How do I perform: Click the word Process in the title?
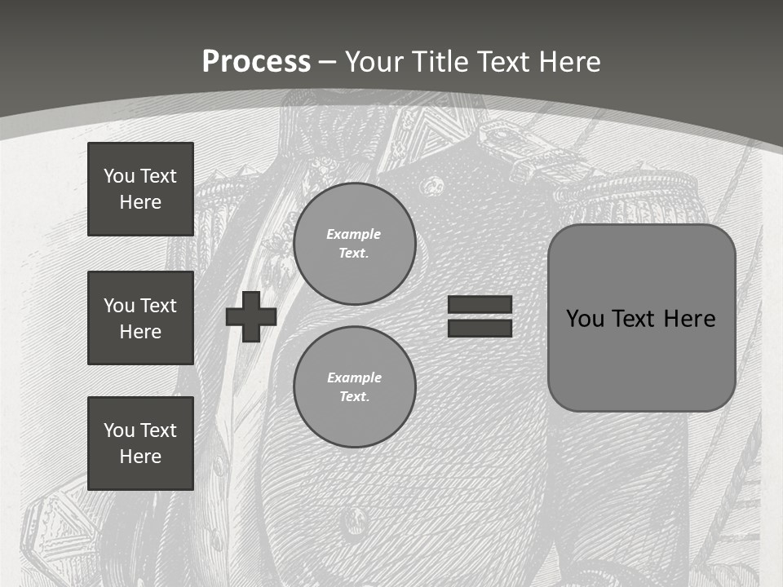[256, 62]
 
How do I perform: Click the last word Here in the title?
[568, 62]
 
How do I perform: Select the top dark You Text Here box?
[140, 189]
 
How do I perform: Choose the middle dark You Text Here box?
[140, 318]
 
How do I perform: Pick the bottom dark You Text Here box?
[140, 444]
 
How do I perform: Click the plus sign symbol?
[251, 316]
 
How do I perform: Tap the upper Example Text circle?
[354, 243]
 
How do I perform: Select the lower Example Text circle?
[354, 387]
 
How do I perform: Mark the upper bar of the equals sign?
[480, 305]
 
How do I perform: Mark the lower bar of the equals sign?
[480, 329]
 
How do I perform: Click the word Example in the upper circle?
[354, 234]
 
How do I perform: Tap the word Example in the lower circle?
[354, 377]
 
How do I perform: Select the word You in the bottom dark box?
[117, 430]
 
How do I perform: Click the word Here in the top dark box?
[140, 202]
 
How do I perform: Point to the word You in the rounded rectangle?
[585, 319]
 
